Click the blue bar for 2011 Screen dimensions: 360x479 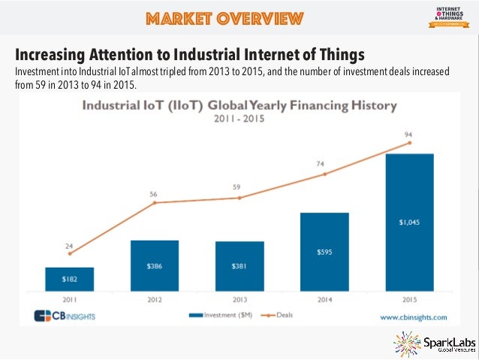[69, 278]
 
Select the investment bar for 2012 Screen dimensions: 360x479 [155, 265]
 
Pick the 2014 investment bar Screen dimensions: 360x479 [324, 251]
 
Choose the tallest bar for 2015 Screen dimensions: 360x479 [410, 222]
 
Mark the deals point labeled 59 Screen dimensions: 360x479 [239, 198]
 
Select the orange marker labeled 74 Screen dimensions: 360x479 [324, 174]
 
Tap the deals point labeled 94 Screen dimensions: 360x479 [410, 143]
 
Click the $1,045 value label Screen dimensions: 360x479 [410, 222]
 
